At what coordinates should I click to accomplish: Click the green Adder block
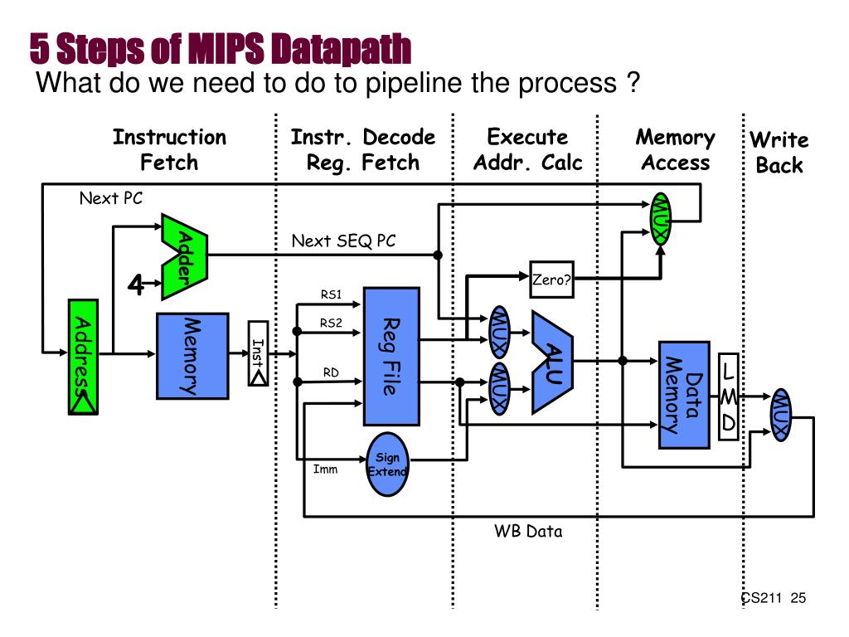(185, 256)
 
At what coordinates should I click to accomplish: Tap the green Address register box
(84, 357)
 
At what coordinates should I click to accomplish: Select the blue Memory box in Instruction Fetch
(192, 356)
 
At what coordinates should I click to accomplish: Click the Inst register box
(259, 353)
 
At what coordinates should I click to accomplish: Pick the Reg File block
(391, 357)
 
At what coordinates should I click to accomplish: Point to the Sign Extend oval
(387, 464)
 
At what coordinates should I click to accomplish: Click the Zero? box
(551, 280)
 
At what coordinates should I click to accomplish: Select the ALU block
(552, 362)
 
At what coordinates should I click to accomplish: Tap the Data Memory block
(684, 395)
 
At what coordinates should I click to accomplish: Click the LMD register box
(728, 396)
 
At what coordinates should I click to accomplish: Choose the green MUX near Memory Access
(661, 219)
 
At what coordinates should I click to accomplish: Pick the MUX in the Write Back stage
(781, 415)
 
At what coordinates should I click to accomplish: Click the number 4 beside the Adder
(135, 284)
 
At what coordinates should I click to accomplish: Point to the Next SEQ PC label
(344, 241)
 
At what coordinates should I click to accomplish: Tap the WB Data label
(528, 532)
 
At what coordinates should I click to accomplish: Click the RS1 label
(332, 294)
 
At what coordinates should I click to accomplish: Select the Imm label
(325, 469)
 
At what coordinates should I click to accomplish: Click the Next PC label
(111, 198)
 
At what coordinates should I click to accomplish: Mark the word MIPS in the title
(226, 49)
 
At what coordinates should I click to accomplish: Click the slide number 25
(798, 598)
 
